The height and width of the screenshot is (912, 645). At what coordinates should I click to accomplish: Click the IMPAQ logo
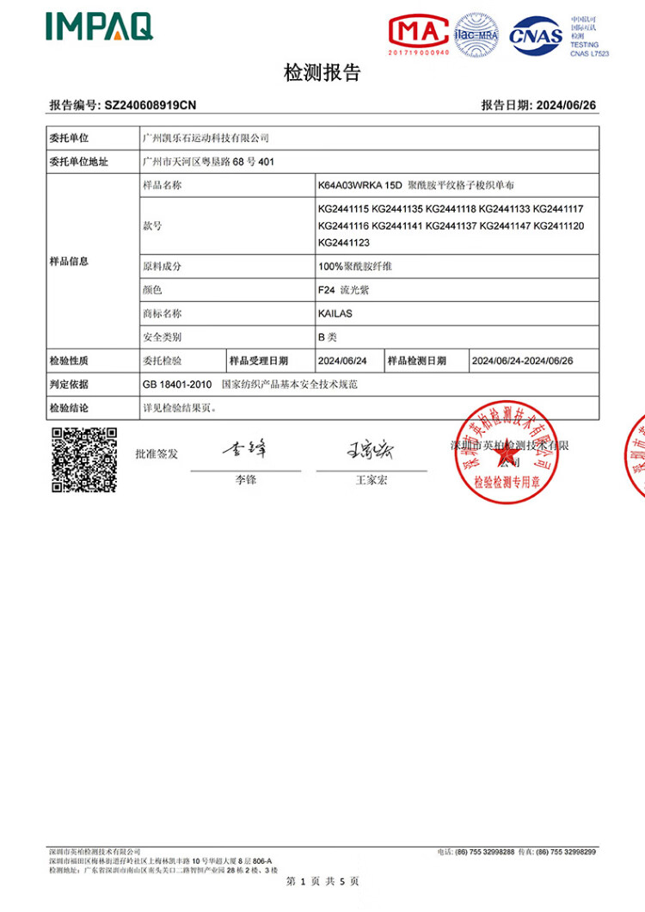coord(99,27)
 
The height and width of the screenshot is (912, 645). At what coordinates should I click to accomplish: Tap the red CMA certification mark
coord(419,33)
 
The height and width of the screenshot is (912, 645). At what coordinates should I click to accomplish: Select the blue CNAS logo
coord(536,35)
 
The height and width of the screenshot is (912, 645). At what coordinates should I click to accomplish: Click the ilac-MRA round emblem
coord(477,35)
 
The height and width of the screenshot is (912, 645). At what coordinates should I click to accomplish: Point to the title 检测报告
coord(322,74)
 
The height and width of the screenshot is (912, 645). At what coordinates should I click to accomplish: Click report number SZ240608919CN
coord(150,106)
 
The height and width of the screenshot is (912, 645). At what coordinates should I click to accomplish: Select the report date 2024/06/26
coord(566,106)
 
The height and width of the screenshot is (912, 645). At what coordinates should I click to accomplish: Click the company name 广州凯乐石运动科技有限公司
coord(206,138)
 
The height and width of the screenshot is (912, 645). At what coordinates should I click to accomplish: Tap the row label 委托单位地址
coord(79,161)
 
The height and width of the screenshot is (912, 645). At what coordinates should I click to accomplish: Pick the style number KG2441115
coord(343,209)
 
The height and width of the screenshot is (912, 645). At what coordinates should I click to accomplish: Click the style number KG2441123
coord(343,243)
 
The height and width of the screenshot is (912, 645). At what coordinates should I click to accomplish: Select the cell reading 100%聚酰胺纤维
coord(355,267)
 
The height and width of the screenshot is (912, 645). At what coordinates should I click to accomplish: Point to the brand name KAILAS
coord(335,314)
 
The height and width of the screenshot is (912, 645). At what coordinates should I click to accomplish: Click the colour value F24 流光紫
coord(343,291)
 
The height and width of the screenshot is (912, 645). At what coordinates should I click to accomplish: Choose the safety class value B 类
coord(328,337)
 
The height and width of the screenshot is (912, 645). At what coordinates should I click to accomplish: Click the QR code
coord(84,459)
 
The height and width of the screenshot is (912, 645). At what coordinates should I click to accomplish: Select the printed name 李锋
coord(246,480)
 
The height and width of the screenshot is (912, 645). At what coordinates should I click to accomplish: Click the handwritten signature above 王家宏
coord(370,449)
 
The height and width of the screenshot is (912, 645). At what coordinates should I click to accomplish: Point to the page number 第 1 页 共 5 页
coord(322,881)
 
